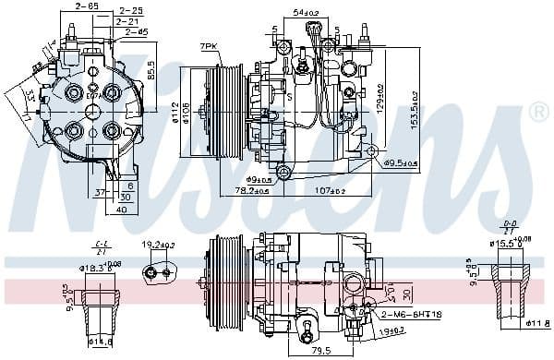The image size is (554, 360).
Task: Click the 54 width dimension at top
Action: tap(306, 13)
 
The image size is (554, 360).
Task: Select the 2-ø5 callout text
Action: tap(135, 32)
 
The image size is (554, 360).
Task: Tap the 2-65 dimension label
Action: tap(88, 7)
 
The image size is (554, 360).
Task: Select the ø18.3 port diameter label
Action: tap(96, 267)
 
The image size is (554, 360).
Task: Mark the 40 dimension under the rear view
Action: tap(123, 209)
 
